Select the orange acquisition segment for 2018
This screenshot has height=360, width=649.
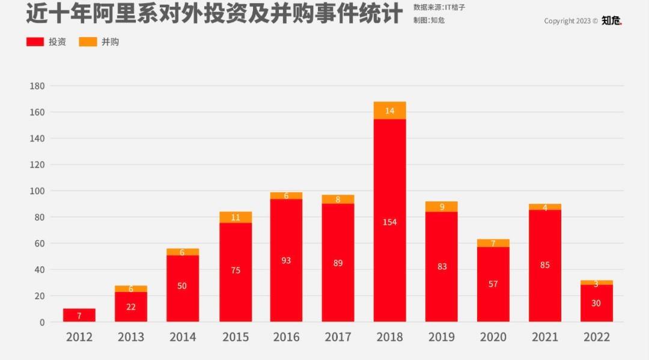pos(389,111)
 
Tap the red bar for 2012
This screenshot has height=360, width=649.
pos(79,316)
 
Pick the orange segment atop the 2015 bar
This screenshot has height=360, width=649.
pos(236,218)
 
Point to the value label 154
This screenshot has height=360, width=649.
pos(389,222)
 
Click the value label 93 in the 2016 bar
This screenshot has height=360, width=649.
pos(286,260)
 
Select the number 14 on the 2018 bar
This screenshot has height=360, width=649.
pos(389,111)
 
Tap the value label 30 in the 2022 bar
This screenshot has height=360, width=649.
pos(596,303)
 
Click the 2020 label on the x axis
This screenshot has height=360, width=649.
pos(493,337)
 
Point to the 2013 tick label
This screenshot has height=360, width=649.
pos(131,337)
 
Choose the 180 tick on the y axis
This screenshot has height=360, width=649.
pos(37,86)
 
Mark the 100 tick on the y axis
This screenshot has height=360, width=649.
pos(37,191)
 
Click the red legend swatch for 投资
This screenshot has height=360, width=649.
pos(35,42)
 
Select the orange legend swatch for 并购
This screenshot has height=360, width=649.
pos(88,42)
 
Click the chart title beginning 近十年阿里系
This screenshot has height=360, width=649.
pos(214,13)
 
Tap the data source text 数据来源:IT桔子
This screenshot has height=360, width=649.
pos(439,7)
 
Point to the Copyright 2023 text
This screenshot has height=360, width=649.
pos(570,21)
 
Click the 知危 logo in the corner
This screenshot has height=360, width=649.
pos(612,20)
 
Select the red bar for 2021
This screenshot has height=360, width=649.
pos(544,264)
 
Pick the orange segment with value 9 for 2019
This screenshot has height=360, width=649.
pos(441,207)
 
